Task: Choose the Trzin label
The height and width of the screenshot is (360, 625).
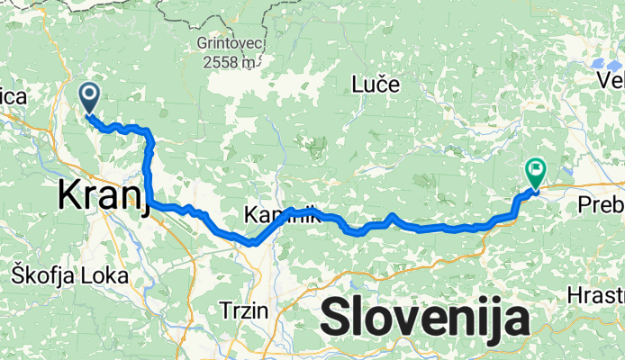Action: (x=244, y=310)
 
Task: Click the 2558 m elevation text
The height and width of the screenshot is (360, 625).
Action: (x=227, y=61)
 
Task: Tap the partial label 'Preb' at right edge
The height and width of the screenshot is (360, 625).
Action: (x=602, y=205)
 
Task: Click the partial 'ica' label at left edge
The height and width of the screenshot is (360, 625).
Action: (x=14, y=97)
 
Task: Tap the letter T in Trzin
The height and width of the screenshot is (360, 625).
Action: (x=225, y=310)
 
